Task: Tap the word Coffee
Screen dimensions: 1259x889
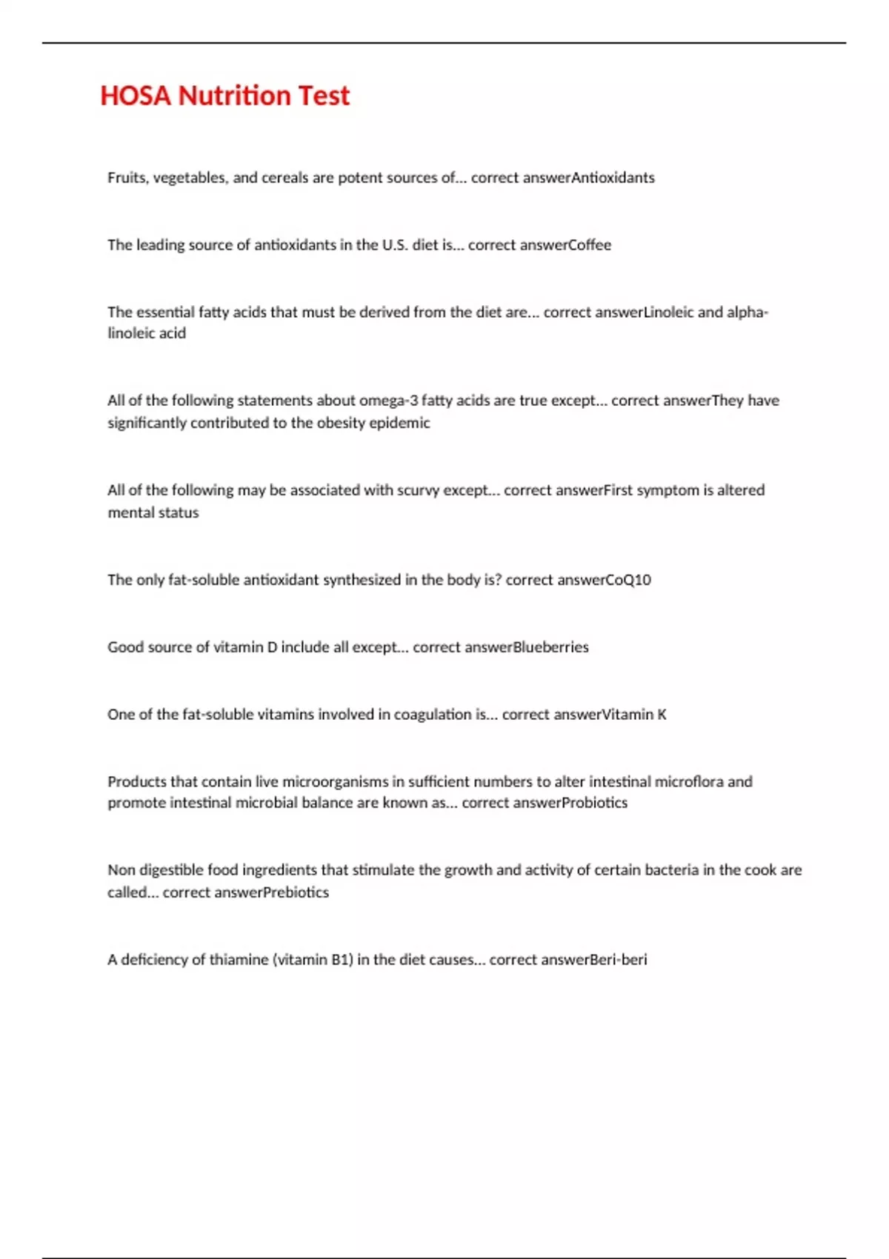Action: point(590,245)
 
